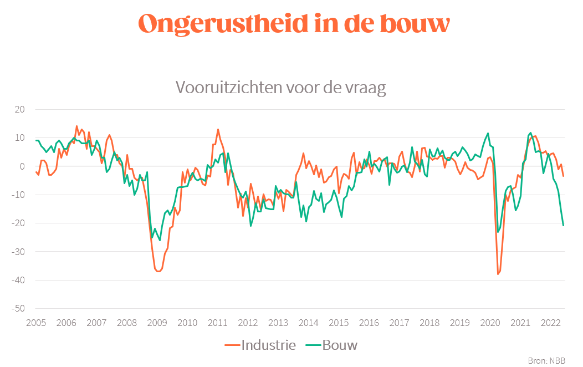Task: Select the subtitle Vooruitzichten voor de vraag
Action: [280, 88]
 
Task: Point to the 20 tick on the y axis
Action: [19, 109]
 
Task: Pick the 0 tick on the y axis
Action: [22, 166]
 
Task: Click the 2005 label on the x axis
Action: [35, 323]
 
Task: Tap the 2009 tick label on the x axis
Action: [157, 323]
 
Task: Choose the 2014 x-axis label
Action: [308, 323]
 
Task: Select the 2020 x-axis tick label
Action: [490, 323]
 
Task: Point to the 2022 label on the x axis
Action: [550, 323]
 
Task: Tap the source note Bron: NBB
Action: [546, 360]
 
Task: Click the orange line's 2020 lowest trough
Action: [498, 274]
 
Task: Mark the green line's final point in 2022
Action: [564, 225]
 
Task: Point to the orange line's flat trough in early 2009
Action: [158, 271]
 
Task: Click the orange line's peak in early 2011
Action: [218, 129]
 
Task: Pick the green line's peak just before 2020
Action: [488, 133]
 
